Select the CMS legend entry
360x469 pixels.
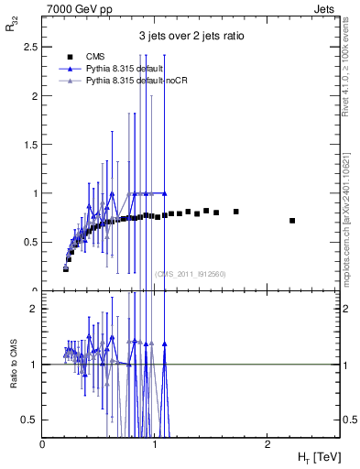pyautogui.click(x=94, y=57)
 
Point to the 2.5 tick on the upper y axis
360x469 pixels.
pyautogui.click(x=30, y=47)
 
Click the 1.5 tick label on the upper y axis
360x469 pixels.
pyautogui.click(x=30, y=145)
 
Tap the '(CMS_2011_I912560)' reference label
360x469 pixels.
pyautogui.click(x=190, y=274)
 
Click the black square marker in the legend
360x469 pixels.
pyautogui.click(x=66, y=57)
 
